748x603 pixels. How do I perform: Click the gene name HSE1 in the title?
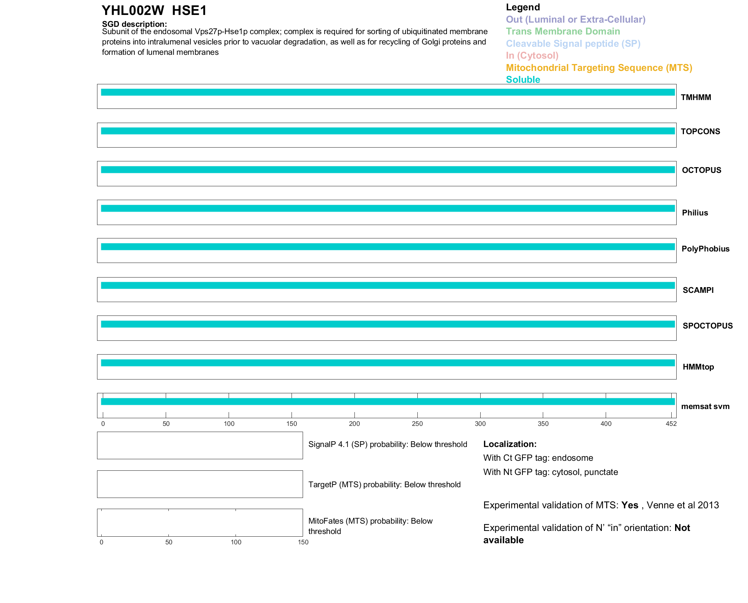pyautogui.click(x=189, y=11)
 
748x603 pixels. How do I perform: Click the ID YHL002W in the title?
pyautogui.click(x=133, y=11)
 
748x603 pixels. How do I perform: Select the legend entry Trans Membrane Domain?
pyautogui.click(x=563, y=31)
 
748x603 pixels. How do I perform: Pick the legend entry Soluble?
pyautogui.click(x=523, y=80)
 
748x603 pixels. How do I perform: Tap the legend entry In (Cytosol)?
pyautogui.click(x=532, y=56)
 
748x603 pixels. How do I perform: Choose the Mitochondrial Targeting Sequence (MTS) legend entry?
pyautogui.click(x=599, y=68)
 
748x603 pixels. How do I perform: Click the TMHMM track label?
pyautogui.click(x=696, y=97)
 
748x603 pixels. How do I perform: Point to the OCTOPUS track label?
pyautogui.click(x=701, y=170)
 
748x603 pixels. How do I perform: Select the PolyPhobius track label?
pyautogui.click(x=705, y=249)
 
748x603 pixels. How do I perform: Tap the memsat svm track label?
pyautogui.click(x=705, y=406)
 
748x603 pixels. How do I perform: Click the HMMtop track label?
pyautogui.click(x=698, y=367)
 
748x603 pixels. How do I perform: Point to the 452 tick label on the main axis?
pyautogui.click(x=671, y=424)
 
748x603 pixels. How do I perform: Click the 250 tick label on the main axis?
pyautogui.click(x=417, y=424)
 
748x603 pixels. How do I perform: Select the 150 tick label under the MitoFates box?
pyautogui.click(x=303, y=542)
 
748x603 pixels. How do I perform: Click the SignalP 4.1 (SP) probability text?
pyautogui.click(x=387, y=444)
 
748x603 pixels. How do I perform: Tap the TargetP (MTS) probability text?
pyautogui.click(x=384, y=485)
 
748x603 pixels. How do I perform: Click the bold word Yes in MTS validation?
pyautogui.click(x=629, y=505)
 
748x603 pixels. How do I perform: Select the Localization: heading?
pyautogui.click(x=509, y=444)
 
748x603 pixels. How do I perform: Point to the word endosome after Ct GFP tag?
pyautogui.click(x=572, y=458)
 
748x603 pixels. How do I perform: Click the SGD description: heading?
pyautogui.click(x=134, y=24)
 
